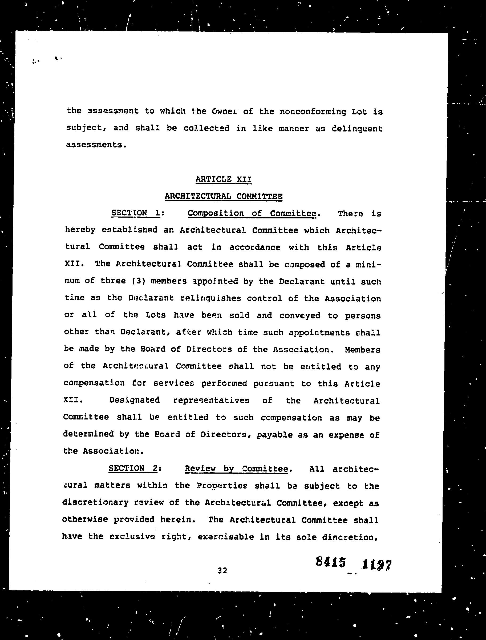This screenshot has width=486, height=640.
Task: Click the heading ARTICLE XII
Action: pyautogui.click(x=223, y=179)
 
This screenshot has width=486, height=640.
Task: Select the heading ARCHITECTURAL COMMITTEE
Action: pyautogui.click(x=223, y=196)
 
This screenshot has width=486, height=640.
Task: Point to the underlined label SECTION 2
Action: pyautogui.click(x=133, y=468)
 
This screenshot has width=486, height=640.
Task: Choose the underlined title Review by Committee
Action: pyautogui.click(x=236, y=469)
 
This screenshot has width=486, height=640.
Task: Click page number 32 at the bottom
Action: pyautogui.click(x=222, y=570)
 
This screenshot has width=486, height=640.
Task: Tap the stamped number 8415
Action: pyautogui.click(x=331, y=562)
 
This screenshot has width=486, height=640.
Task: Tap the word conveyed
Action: pyautogui.click(x=300, y=315)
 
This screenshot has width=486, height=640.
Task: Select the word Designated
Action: pyautogui.click(x=134, y=400)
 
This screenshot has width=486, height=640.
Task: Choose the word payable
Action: pyautogui.click(x=274, y=434)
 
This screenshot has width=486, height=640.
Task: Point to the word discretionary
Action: pyautogui.click(x=95, y=502)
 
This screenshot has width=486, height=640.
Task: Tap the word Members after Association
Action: pyautogui.click(x=362, y=350)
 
